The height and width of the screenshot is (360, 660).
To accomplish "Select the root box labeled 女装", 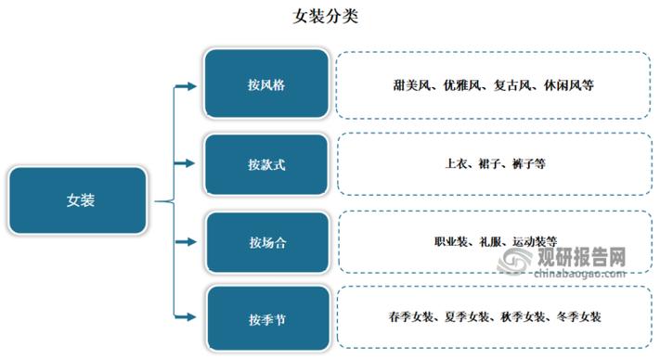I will (80, 199).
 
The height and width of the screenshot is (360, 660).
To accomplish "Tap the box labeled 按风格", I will (265, 84).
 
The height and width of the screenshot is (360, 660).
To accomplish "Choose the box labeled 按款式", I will (265, 163).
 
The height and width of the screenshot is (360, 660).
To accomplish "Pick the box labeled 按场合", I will (265, 242).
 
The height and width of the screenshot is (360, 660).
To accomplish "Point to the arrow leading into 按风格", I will (186, 86).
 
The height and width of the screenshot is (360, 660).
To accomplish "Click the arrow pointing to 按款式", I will (186, 164).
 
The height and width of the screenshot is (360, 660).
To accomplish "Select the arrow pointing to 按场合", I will (186, 242).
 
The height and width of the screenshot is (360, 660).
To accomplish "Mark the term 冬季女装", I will (576, 317).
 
